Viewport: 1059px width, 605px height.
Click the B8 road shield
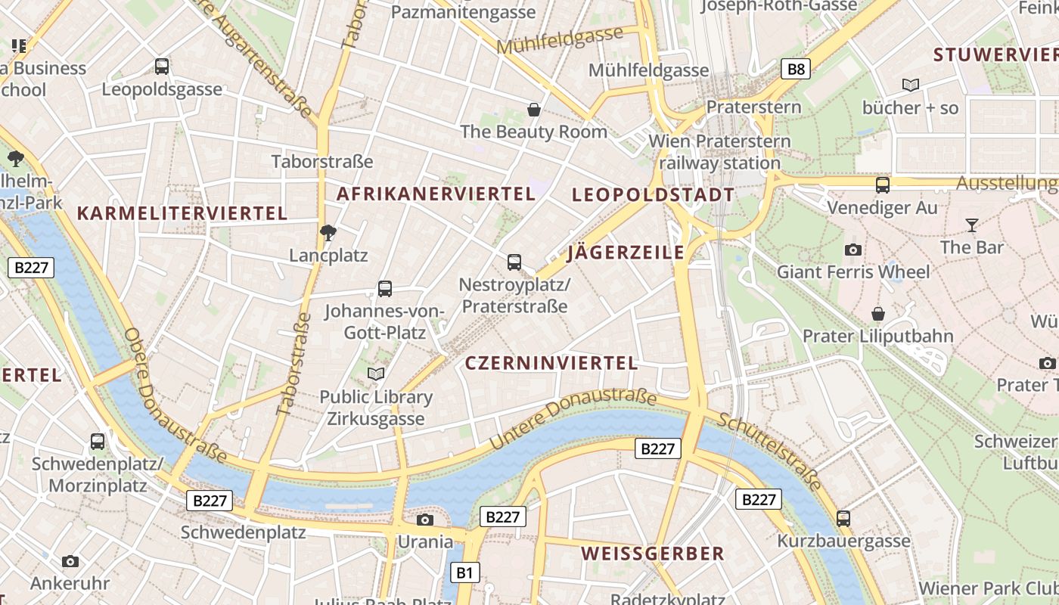(x=796, y=70)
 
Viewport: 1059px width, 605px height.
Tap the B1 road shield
(x=464, y=572)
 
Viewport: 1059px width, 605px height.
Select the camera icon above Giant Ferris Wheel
(x=853, y=250)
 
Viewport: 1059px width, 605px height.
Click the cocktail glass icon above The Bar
(x=971, y=225)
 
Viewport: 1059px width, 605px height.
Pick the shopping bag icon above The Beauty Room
(x=534, y=110)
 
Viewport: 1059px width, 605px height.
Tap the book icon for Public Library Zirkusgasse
(x=376, y=374)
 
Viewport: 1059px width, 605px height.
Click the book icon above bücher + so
(x=911, y=85)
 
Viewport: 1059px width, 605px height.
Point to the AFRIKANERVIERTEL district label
(x=436, y=194)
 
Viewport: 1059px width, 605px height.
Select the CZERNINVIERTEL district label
(x=551, y=363)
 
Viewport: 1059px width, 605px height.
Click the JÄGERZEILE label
(x=626, y=253)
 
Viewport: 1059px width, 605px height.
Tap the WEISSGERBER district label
(x=653, y=554)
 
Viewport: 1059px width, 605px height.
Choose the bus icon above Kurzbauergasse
(x=843, y=519)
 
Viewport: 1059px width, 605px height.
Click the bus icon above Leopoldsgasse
(x=162, y=67)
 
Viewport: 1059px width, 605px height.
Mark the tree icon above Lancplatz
(x=328, y=233)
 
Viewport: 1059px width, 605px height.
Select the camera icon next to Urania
(x=425, y=520)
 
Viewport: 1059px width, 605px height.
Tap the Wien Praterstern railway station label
(x=719, y=152)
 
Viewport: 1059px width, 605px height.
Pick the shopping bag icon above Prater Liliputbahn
(x=877, y=313)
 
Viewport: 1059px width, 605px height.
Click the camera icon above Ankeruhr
(x=70, y=561)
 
